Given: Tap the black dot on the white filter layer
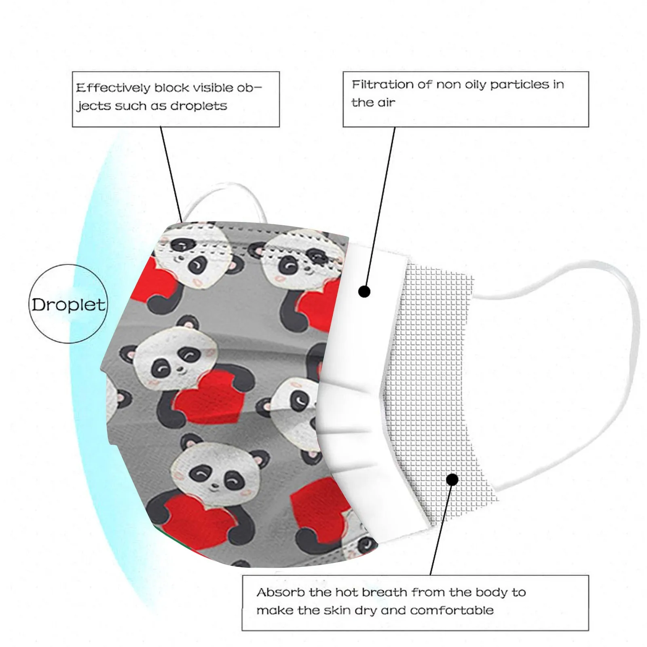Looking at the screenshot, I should pos(364,291).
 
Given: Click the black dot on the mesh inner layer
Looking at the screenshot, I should pos(452,480).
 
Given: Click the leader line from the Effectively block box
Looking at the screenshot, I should pos(172,174).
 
